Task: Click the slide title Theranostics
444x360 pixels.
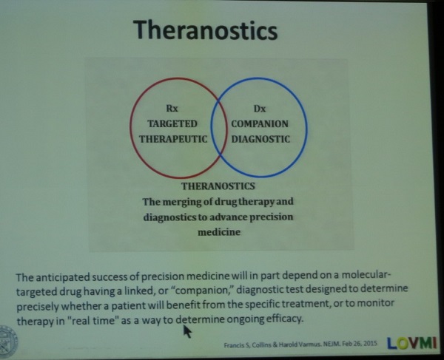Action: click(206, 30)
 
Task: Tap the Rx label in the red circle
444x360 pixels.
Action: click(172, 109)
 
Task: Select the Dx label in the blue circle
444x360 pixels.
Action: click(260, 109)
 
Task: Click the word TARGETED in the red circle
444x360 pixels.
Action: click(172, 124)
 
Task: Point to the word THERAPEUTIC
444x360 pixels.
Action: click(173, 139)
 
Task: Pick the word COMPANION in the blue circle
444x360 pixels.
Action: click(260, 124)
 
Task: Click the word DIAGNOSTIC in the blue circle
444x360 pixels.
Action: click(260, 139)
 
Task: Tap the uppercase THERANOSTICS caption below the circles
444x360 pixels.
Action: click(218, 186)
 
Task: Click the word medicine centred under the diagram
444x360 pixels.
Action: click(219, 232)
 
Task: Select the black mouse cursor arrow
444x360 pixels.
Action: click(187, 331)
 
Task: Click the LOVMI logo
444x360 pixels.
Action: click(411, 343)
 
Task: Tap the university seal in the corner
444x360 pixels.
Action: click(8, 342)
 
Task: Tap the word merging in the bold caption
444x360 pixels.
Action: click(181, 203)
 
